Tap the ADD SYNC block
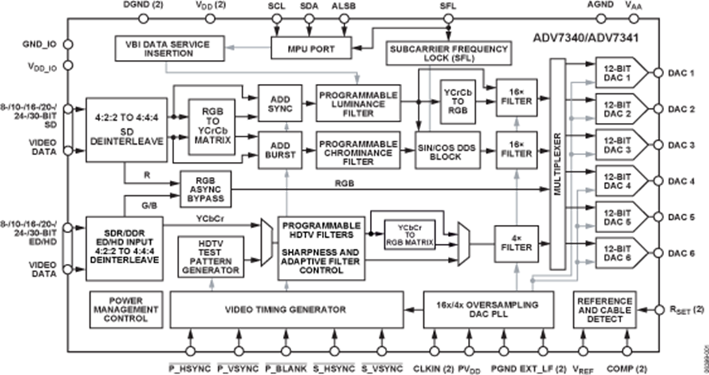click(x=279, y=103)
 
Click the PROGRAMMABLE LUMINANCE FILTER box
click(x=358, y=103)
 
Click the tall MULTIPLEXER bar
click(x=556, y=164)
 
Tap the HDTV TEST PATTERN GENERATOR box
click(x=211, y=257)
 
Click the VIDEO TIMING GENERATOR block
click(x=286, y=309)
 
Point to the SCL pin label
click(x=276, y=6)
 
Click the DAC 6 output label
click(x=681, y=253)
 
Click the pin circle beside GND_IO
click(x=68, y=44)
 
